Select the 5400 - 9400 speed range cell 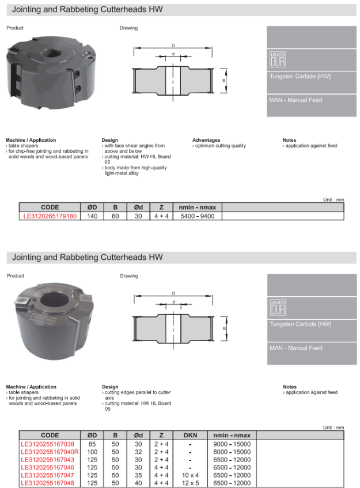198,216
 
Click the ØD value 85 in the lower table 92,444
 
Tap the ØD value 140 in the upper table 92,216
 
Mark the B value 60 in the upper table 115,216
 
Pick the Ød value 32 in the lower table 138,452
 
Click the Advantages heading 206,140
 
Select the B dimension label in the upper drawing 223,81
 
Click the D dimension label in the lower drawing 173,293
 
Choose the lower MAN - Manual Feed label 295,348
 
